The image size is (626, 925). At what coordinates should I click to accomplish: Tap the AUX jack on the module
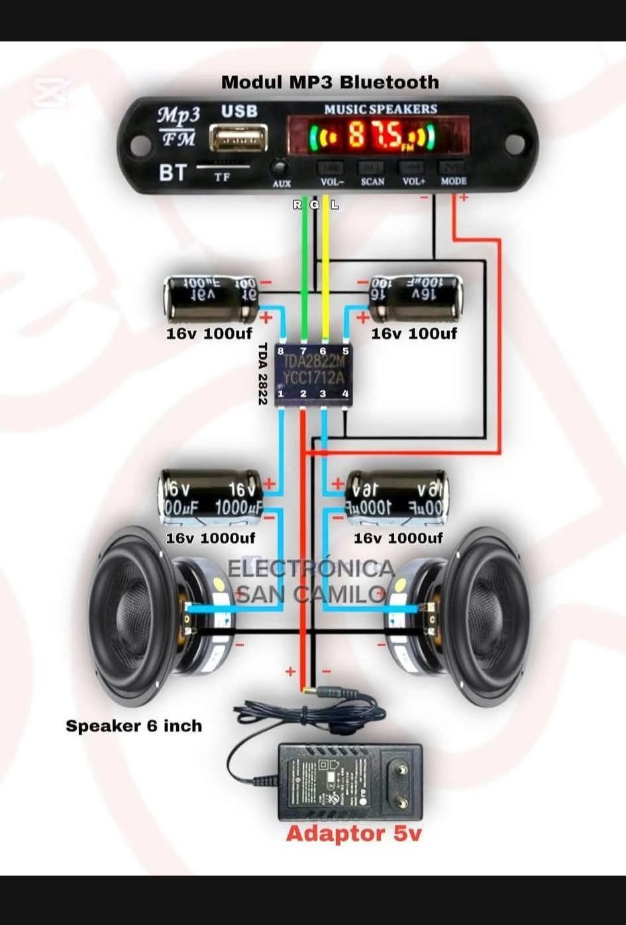(x=282, y=168)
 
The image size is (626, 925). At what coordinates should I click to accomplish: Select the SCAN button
(x=372, y=167)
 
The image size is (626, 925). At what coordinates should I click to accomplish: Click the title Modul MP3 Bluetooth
(x=330, y=82)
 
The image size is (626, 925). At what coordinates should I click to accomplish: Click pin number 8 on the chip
(x=282, y=351)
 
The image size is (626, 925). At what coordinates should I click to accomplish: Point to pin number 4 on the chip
(x=345, y=394)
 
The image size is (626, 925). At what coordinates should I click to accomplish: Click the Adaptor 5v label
(x=353, y=834)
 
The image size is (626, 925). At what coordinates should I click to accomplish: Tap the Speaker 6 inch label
(x=134, y=726)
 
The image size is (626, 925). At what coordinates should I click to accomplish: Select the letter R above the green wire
(x=297, y=205)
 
